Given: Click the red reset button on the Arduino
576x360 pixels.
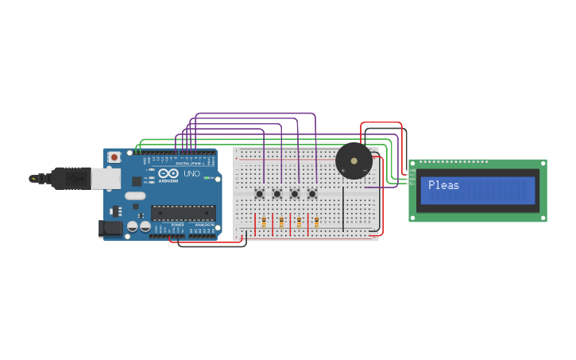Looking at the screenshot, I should point(114,157).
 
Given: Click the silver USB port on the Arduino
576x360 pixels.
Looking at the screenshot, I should point(106,178).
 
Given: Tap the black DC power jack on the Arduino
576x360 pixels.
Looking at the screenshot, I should point(110,229).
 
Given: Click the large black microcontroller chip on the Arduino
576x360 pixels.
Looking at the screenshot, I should point(183,213).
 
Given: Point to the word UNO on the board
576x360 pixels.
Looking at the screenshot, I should point(191,173).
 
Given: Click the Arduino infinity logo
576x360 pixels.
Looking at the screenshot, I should point(168,173).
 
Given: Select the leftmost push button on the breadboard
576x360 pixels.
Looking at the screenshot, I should point(259,193).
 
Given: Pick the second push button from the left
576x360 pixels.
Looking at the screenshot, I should point(277,193).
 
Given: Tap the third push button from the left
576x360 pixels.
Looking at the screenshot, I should point(295,193).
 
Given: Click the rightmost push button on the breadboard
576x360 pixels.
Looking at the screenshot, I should point(312,193).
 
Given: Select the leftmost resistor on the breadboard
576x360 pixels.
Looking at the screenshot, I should point(264,223).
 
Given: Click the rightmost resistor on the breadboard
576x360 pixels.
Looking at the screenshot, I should point(316,223).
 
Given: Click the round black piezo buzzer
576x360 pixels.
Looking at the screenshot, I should point(354,161).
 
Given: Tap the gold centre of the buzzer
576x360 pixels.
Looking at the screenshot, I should point(354,161).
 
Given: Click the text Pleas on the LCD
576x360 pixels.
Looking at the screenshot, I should point(443,185).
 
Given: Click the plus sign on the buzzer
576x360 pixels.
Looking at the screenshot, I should point(365,170).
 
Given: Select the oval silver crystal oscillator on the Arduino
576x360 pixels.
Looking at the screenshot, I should point(136,195).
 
